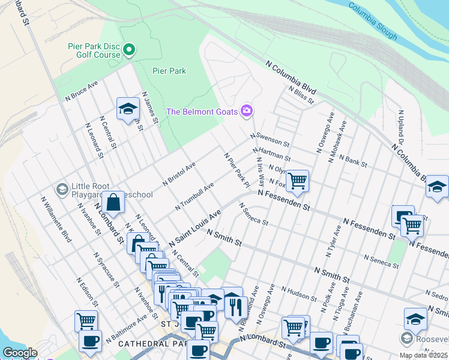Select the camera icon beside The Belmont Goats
coord(247,110)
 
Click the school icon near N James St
coord(127,109)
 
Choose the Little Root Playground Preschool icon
coord(62,190)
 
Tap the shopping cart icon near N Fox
coord(297,181)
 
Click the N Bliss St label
coord(301,95)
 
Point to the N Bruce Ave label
coord(81,91)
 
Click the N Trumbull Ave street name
coord(194,197)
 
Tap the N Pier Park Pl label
coord(237,169)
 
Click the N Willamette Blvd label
coord(56,219)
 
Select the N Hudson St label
coord(298,293)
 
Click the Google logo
coord(20,352)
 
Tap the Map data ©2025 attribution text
coord(423,355)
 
